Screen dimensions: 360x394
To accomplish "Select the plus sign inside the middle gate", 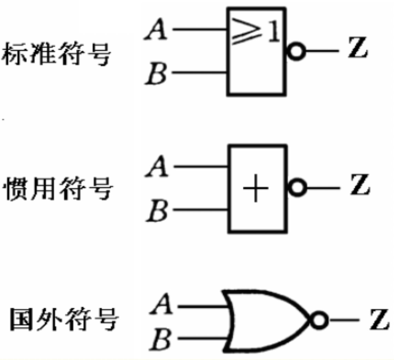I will tap(255, 189).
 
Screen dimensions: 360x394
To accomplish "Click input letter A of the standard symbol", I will tap(156, 30).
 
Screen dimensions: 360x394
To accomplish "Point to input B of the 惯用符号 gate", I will tap(157, 211).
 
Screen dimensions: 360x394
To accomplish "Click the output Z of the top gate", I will tap(357, 51).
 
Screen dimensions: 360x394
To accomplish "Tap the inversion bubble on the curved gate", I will tap(319, 320).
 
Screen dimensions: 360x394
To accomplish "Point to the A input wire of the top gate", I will tap(200, 30).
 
